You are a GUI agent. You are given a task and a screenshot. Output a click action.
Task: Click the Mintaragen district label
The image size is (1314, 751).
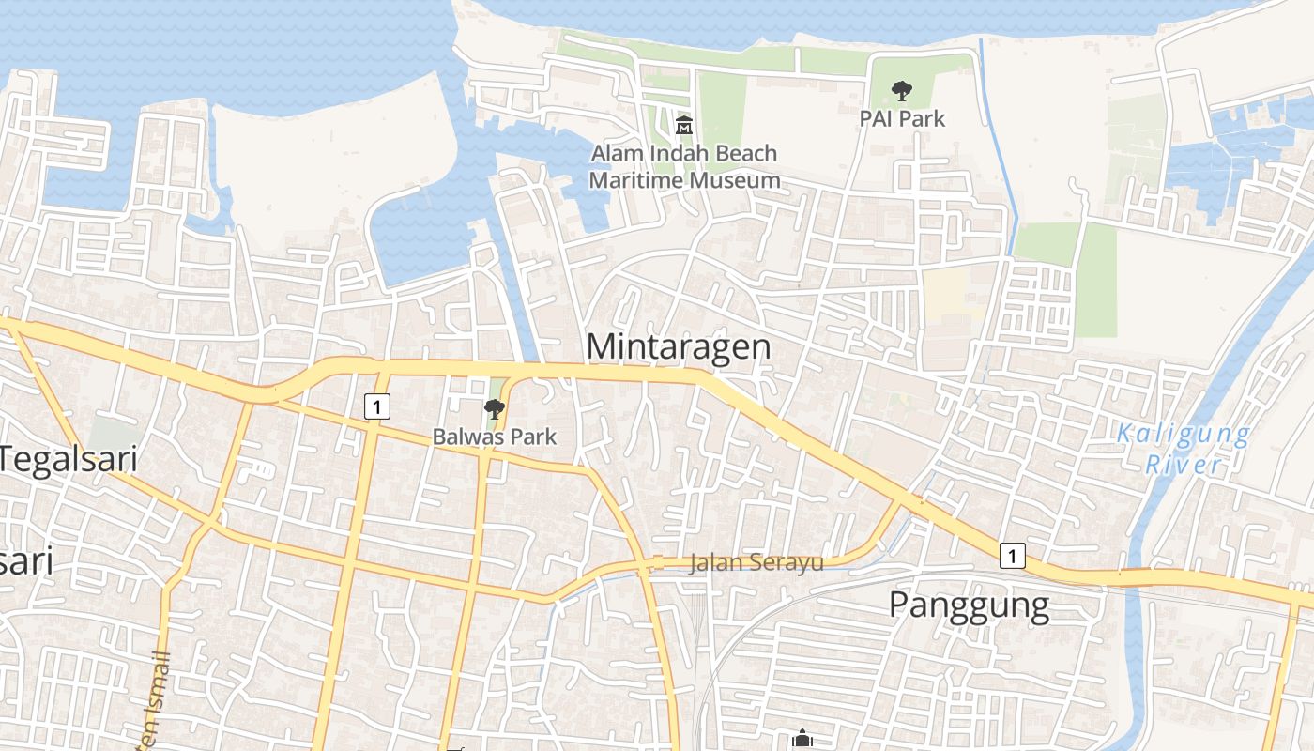tap(679, 346)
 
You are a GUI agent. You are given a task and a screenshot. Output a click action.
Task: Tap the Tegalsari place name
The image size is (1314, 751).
tap(69, 460)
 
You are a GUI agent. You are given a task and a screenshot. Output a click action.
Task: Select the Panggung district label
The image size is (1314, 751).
tap(969, 605)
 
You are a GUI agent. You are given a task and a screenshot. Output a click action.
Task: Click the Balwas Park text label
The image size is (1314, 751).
tap(494, 437)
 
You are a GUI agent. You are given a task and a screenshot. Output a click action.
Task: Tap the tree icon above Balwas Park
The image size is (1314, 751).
tap(494, 409)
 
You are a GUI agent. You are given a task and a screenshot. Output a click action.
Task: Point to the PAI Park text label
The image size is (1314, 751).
tap(902, 119)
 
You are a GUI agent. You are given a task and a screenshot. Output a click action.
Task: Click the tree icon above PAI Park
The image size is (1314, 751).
tap(902, 91)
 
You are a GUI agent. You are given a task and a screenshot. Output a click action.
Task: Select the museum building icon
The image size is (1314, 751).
tap(684, 125)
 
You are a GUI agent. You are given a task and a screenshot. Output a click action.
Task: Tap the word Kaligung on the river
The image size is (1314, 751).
tap(1183, 435)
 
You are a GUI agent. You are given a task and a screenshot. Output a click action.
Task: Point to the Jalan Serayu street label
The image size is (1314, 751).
tap(756, 563)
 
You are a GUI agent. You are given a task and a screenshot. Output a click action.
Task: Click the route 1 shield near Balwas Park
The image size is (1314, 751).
tap(376, 406)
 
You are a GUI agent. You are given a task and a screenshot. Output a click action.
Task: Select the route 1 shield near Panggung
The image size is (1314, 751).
tap(1011, 557)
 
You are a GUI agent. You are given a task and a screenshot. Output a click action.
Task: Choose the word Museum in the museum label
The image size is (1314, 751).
tap(731, 179)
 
